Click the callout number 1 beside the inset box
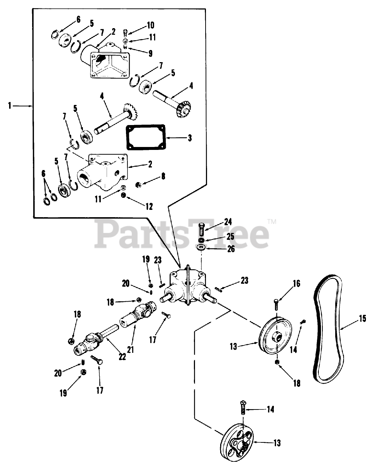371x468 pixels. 10,106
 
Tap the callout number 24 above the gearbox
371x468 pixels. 228,222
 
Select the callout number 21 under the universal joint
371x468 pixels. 130,349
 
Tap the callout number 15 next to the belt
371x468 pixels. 362,318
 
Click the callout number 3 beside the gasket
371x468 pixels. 189,138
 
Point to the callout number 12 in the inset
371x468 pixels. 149,207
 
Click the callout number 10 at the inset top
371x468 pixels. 150,25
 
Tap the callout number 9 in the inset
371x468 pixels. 150,53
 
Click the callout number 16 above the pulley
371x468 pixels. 296,283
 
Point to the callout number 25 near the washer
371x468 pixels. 230,236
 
